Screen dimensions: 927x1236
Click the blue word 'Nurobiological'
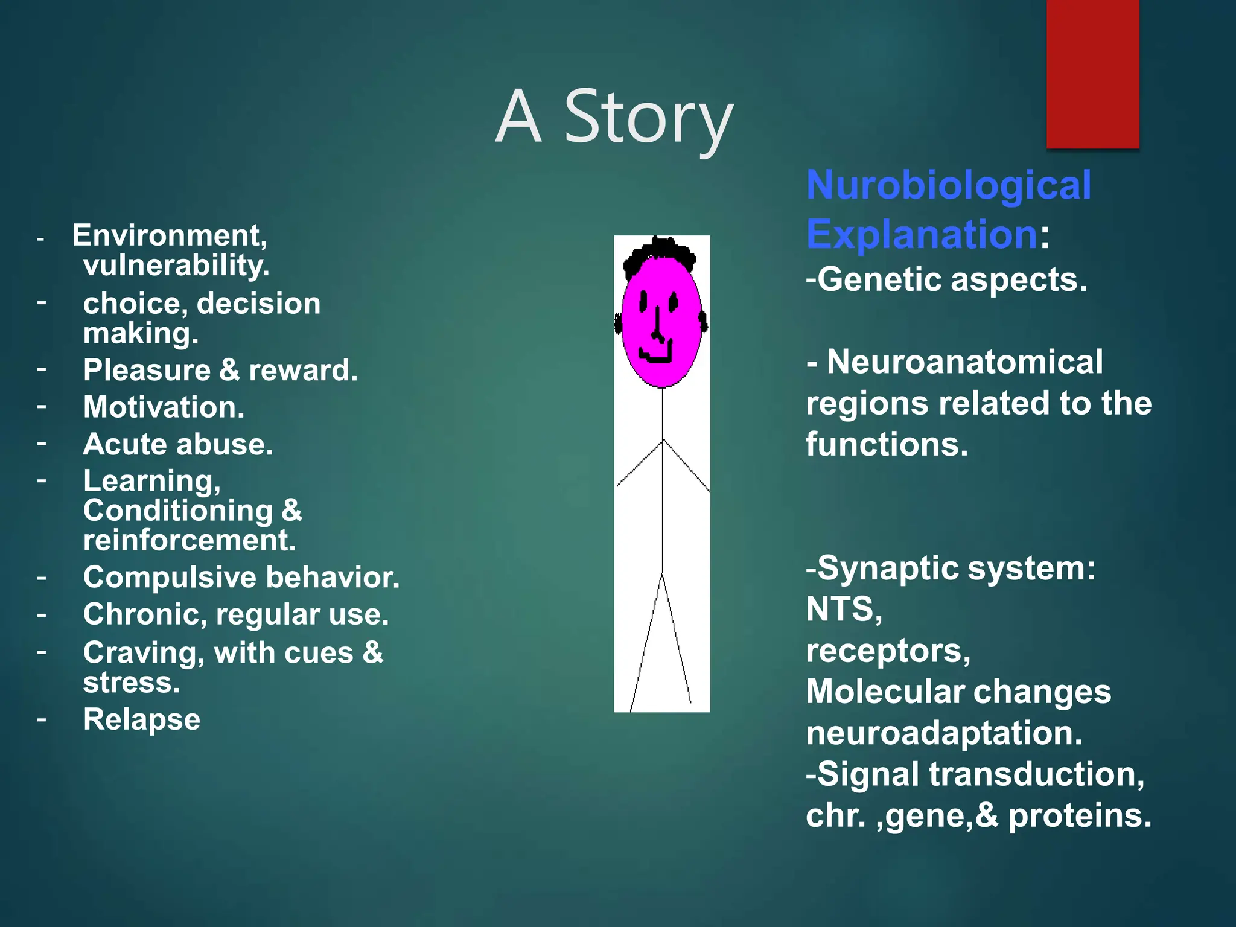[948, 185]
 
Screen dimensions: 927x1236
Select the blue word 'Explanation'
[922, 234]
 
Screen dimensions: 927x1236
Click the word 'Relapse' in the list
[141, 719]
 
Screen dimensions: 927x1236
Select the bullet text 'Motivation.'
[164, 407]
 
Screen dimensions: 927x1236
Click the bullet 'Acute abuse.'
[178, 444]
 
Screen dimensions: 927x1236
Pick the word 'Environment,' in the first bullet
[170, 235]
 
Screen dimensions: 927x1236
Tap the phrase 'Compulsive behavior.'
[241, 577]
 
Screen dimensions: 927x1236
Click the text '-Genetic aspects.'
[946, 280]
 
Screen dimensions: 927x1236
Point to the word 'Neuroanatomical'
[964, 362]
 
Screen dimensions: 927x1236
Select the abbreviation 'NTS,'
[844, 609]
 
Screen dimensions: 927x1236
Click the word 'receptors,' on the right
[888, 651]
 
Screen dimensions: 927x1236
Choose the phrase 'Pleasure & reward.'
[220, 370]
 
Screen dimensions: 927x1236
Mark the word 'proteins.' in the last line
[1080, 815]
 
